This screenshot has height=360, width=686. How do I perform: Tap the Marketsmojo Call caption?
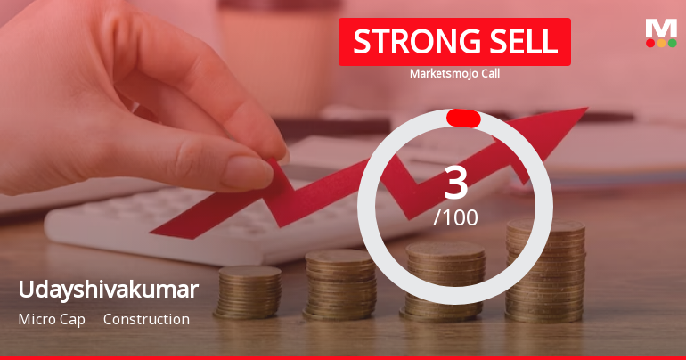(x=454, y=73)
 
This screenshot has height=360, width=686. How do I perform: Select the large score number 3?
(x=455, y=183)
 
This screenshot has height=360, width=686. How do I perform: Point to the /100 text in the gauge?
(x=455, y=217)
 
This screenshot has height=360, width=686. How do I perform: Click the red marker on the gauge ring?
(x=463, y=119)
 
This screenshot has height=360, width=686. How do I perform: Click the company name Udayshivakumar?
(x=108, y=290)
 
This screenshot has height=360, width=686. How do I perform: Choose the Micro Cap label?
(x=51, y=319)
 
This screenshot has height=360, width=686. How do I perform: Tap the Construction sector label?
(x=146, y=319)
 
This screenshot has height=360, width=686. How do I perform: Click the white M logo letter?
(x=661, y=28)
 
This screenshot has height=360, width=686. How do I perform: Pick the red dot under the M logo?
(x=650, y=43)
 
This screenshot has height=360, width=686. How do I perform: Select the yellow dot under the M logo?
(x=661, y=43)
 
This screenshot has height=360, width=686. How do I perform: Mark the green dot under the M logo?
(x=672, y=43)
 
